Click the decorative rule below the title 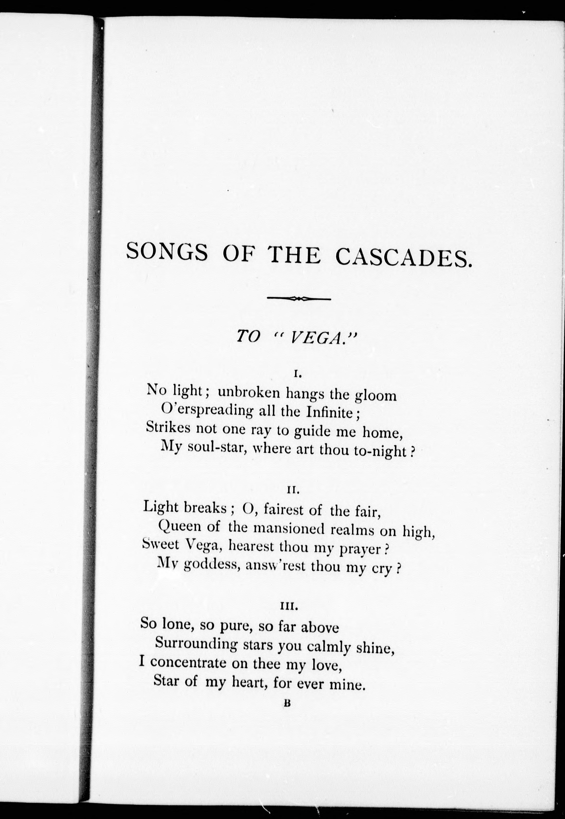[299, 299]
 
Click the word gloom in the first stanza [376, 395]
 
